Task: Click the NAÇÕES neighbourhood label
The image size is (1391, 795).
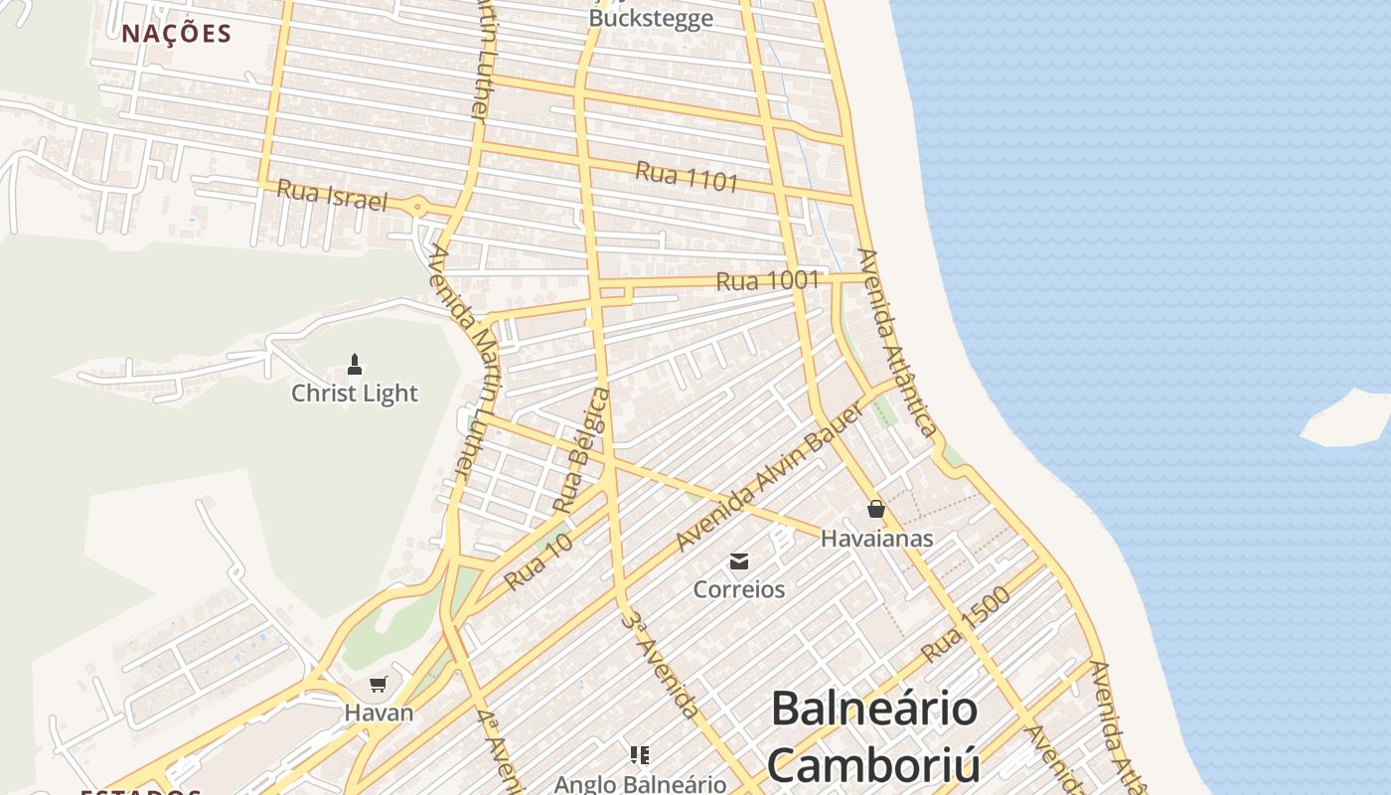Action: [177, 34]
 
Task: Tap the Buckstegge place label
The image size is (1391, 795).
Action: [651, 18]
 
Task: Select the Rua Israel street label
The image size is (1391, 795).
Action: [331, 195]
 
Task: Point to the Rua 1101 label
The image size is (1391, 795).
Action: [687, 177]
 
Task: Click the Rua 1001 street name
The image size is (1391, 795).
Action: [767, 280]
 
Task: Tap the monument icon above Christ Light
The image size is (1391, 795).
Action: [355, 365]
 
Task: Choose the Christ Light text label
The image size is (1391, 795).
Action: [355, 394]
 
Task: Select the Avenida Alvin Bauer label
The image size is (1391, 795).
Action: [755, 491]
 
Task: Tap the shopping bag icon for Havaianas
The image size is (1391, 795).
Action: [875, 509]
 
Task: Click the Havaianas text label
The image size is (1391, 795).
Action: [876, 539]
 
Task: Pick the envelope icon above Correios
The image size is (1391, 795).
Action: [739, 561]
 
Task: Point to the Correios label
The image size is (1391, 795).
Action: [739, 589]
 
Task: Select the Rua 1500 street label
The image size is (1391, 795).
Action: [965, 625]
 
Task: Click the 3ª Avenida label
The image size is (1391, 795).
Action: [660, 663]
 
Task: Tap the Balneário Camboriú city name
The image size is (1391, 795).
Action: [874, 736]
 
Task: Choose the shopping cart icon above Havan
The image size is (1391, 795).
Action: [378, 684]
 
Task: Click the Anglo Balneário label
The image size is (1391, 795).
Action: [640, 784]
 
